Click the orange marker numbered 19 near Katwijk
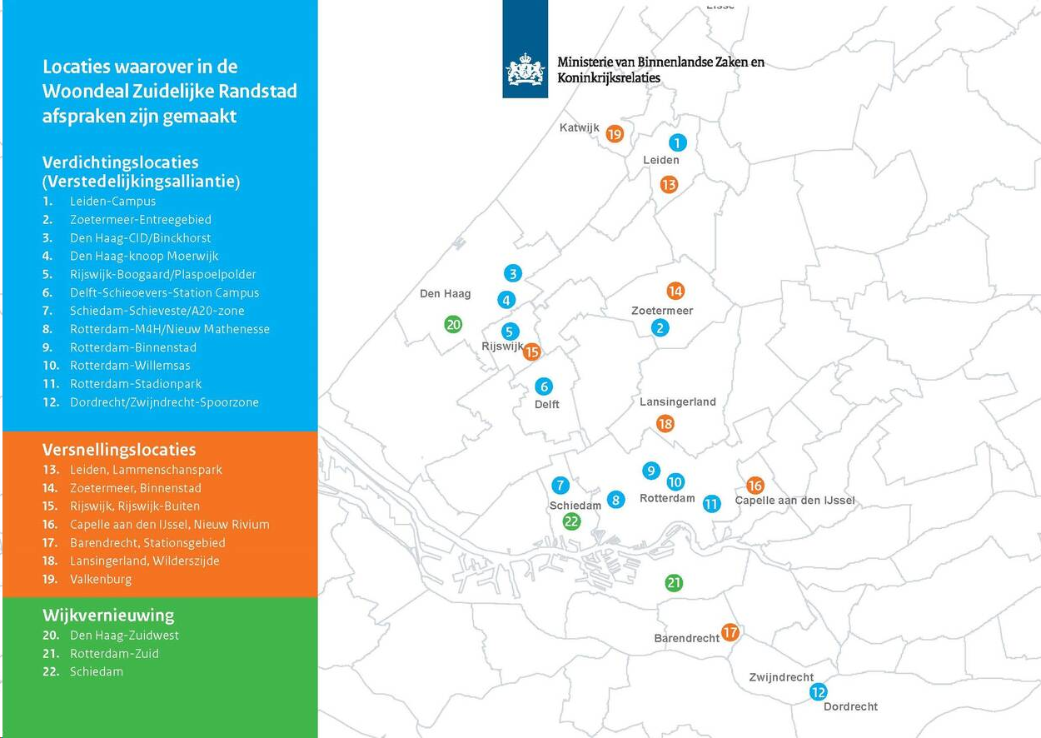click(x=615, y=133)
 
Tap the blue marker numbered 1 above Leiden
click(x=678, y=142)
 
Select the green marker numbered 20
click(x=453, y=324)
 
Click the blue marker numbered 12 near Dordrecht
click(x=818, y=691)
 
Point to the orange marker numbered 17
click(x=730, y=632)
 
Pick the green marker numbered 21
click(x=674, y=583)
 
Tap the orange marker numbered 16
click(x=755, y=485)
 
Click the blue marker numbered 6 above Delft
click(x=544, y=386)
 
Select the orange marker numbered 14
click(x=675, y=291)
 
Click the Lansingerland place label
click(x=677, y=401)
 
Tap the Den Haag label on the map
click(x=445, y=293)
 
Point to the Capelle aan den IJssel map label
click(x=794, y=501)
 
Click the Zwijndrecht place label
click(x=780, y=677)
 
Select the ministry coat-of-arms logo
click(x=525, y=70)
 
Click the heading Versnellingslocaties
click(x=119, y=450)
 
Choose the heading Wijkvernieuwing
click(x=108, y=616)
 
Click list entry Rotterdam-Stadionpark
click(x=136, y=384)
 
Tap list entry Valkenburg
click(x=100, y=579)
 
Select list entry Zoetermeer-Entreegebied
click(x=140, y=220)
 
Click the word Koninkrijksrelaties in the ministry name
click(x=608, y=77)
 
